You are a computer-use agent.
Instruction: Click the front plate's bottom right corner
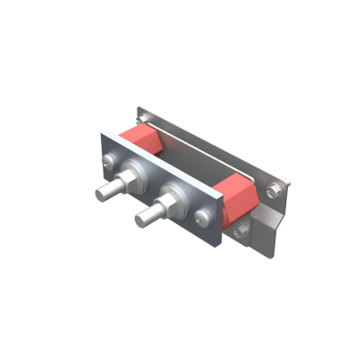[x=217, y=246]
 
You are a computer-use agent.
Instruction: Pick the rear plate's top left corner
[x=137, y=108]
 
